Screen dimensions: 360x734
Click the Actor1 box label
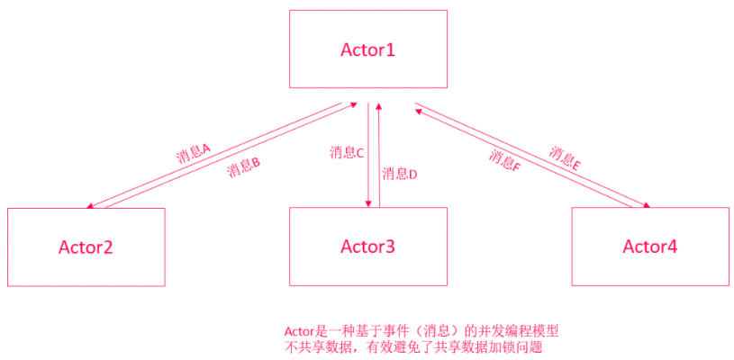[x=367, y=49]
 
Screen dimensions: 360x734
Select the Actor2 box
[x=86, y=247]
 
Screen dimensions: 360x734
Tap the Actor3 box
[x=367, y=247]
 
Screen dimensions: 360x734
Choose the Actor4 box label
[x=649, y=247]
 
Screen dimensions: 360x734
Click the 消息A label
[x=193, y=150]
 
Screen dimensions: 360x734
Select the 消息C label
[x=347, y=152]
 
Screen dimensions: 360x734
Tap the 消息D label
[x=399, y=174]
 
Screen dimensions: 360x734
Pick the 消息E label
[x=565, y=158]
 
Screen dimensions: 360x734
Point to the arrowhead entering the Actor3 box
[x=368, y=202]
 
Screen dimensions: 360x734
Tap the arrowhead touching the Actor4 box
[x=645, y=205]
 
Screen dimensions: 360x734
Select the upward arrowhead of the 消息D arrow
[x=379, y=106]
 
